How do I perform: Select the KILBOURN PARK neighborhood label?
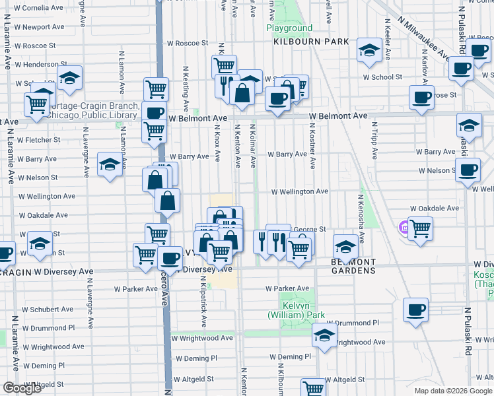[x=311, y=42]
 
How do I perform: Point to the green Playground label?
[x=289, y=28]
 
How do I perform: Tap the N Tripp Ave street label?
[x=374, y=140]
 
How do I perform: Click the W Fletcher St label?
[x=39, y=140]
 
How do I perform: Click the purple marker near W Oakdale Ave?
[x=404, y=228]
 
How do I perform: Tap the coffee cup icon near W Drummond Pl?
[x=415, y=310]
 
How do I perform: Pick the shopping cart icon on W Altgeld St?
[x=313, y=387]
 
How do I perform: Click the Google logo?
[x=22, y=388]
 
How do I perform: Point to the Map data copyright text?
[x=452, y=391]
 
